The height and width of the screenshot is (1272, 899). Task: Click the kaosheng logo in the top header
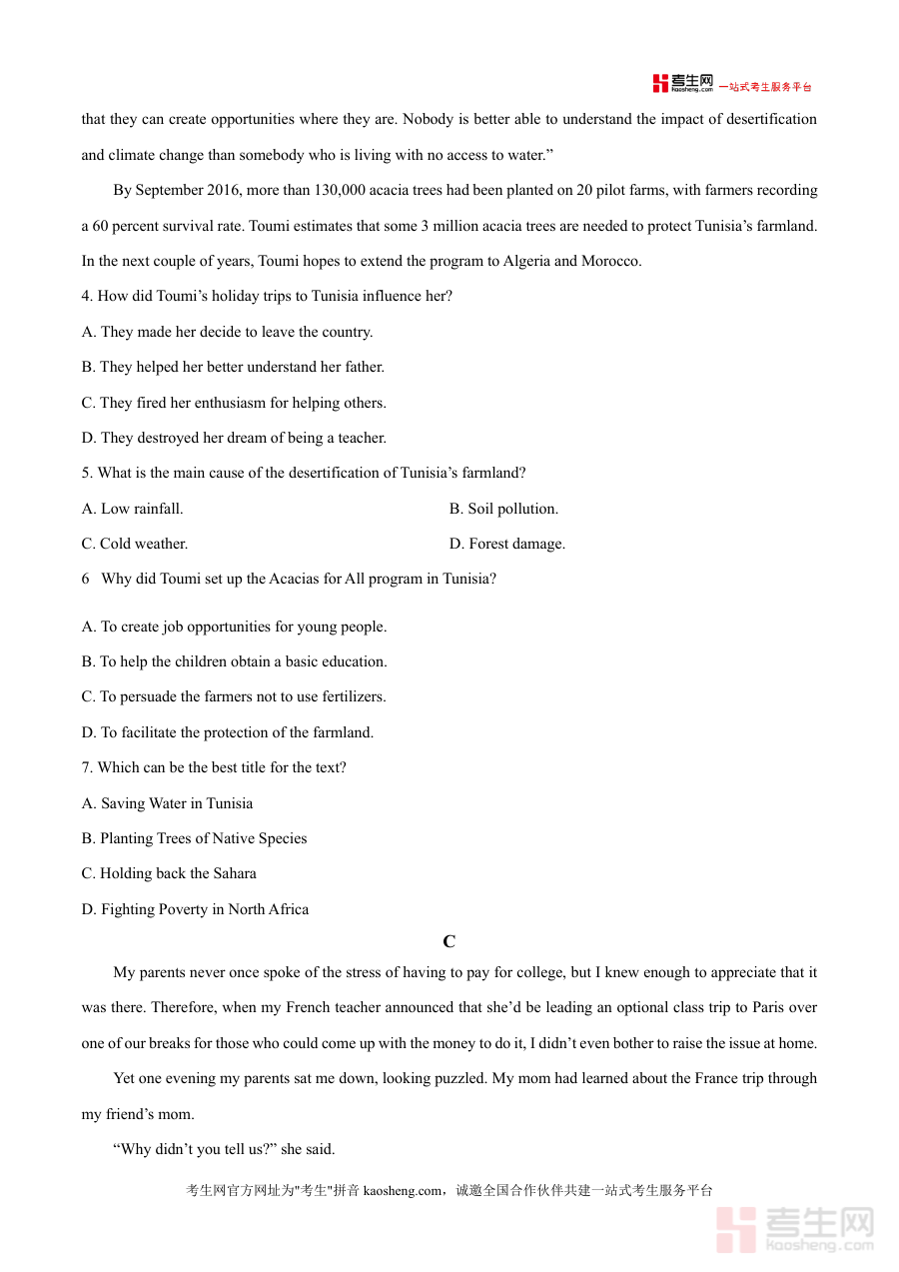[x=683, y=84]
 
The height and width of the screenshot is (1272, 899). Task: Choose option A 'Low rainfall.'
[x=133, y=509]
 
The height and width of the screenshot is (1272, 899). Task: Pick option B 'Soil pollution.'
[x=503, y=509]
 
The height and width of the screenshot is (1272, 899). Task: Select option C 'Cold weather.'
[x=135, y=544]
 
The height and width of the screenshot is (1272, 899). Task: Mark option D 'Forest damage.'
[x=507, y=544]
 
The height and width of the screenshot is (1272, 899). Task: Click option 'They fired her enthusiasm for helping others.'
[x=234, y=403]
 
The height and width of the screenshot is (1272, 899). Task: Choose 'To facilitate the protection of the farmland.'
[x=228, y=732]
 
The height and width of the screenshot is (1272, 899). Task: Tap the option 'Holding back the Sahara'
[x=169, y=873]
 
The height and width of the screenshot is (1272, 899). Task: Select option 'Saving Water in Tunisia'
[x=167, y=803]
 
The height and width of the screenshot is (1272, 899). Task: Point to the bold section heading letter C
[x=449, y=941]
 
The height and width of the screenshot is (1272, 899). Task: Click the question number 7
[x=87, y=767]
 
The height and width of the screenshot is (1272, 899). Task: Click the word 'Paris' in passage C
[x=769, y=1007]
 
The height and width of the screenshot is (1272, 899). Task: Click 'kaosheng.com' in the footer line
[x=402, y=1190]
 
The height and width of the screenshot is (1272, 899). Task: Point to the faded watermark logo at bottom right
[x=795, y=1229]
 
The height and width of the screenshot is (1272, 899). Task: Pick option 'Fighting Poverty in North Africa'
[x=195, y=909]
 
